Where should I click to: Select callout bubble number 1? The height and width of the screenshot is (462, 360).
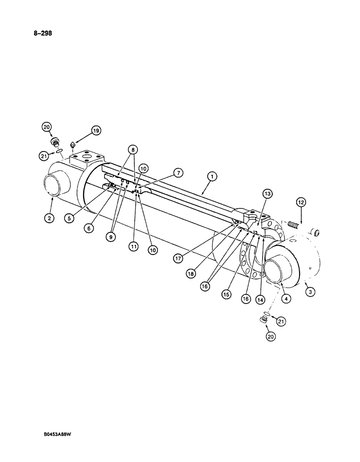click(212, 176)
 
